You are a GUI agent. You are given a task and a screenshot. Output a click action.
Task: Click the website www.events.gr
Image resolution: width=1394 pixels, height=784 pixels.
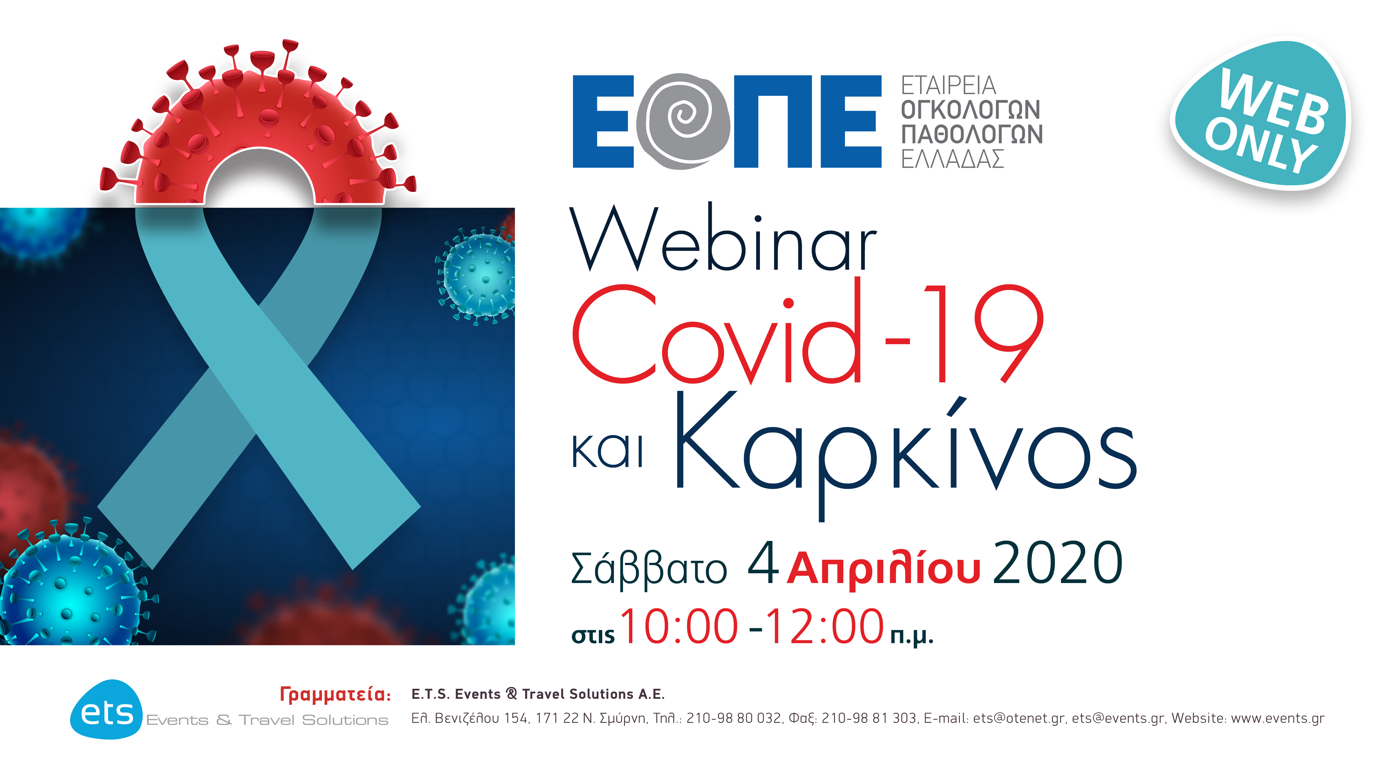[x=1277, y=718]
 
